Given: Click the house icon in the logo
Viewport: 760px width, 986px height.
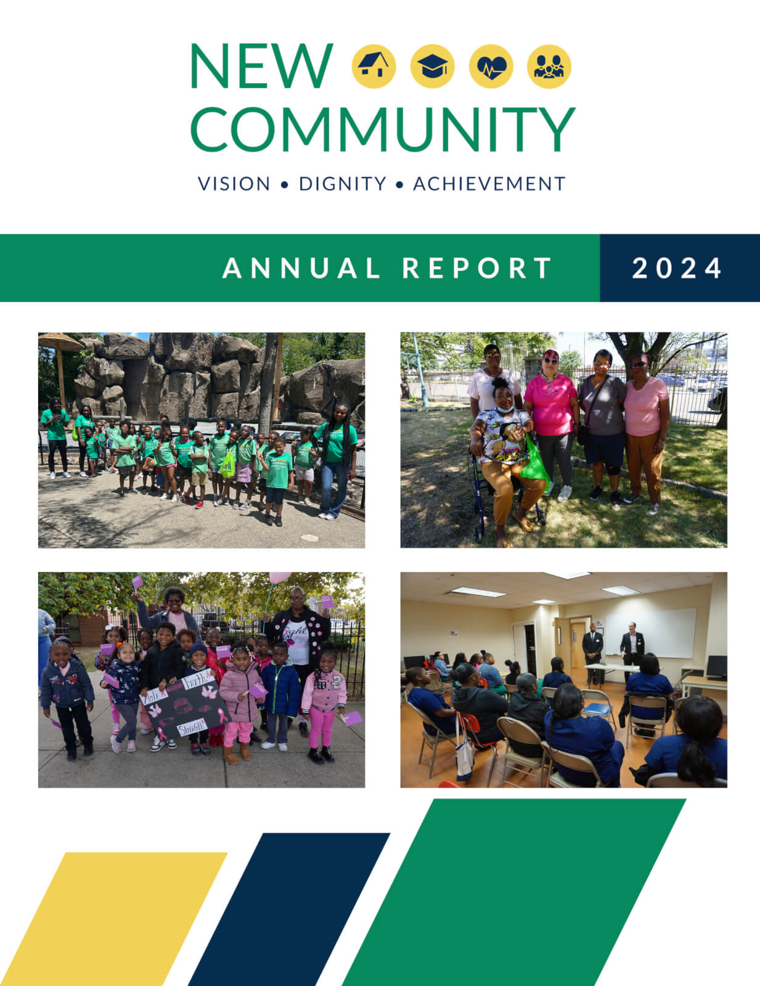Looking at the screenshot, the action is (374, 67).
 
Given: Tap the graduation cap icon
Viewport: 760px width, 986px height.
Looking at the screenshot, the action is (432, 67).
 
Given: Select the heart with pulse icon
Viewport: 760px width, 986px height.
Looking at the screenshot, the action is (491, 67).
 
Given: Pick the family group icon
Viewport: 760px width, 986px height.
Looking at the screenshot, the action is (549, 67).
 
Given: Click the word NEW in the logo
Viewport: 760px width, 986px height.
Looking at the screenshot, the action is (262, 67).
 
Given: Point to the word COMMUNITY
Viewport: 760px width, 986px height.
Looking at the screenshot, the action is (383, 129).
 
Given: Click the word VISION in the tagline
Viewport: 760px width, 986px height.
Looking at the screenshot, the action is (234, 184).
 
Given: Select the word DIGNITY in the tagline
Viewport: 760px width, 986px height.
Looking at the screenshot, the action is (343, 184).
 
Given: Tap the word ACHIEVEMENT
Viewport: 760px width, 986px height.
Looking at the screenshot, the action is (489, 184).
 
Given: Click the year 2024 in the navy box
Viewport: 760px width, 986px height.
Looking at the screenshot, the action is (677, 268).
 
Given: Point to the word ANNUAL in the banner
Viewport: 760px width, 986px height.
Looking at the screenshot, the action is (301, 268).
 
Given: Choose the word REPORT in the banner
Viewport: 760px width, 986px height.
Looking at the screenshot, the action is (477, 268).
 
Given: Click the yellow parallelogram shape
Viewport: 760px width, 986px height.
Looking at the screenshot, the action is (114, 918).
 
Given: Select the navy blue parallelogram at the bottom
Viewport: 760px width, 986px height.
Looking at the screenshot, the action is (289, 909).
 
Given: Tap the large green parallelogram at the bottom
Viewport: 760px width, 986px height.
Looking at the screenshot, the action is (513, 892).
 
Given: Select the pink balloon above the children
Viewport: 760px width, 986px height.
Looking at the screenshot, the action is (279, 577).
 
